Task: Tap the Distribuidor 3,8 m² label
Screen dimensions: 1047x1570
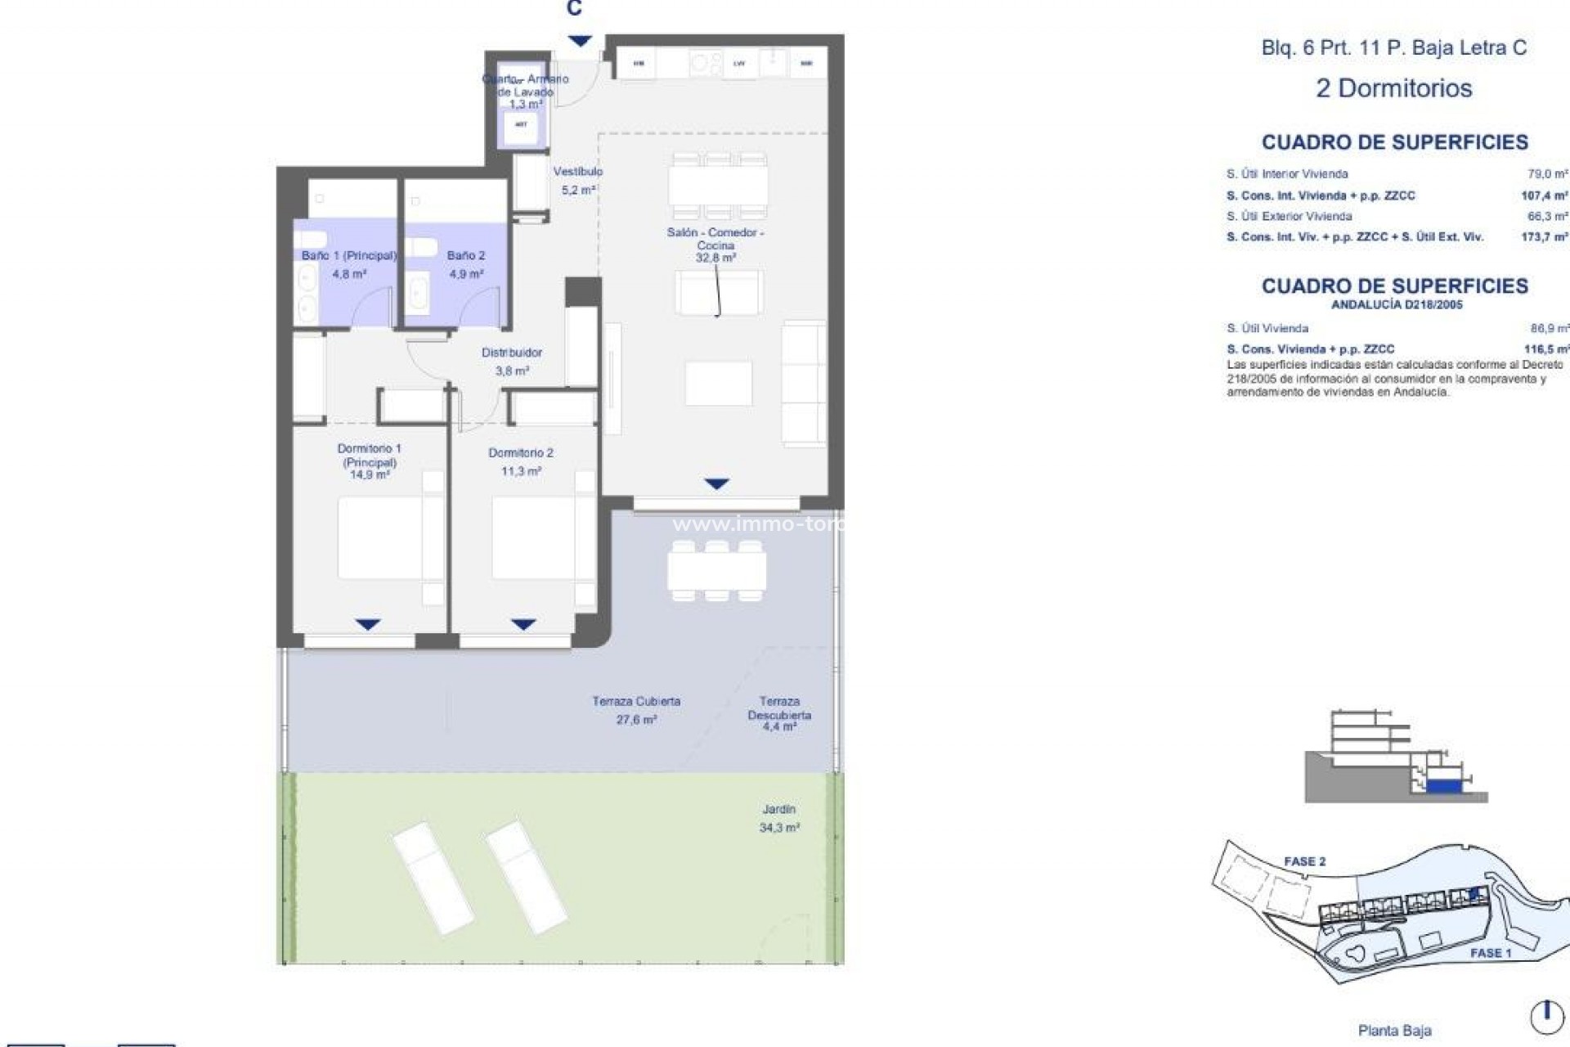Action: pyautogui.click(x=512, y=361)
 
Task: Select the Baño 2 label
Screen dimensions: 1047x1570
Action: pyautogui.click(x=466, y=264)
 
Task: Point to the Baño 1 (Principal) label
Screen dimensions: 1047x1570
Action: pyautogui.click(x=348, y=264)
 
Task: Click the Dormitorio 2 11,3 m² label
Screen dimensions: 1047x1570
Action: pyautogui.click(x=521, y=461)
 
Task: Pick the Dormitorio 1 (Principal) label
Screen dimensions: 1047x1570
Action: pyautogui.click(x=370, y=461)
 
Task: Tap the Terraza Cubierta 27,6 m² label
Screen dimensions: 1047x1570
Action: pyautogui.click(x=636, y=710)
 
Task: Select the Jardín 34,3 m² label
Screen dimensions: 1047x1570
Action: pyautogui.click(x=779, y=818)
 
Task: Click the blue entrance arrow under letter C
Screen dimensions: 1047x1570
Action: pyautogui.click(x=580, y=41)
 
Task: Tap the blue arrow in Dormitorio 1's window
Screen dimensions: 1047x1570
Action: pyautogui.click(x=368, y=625)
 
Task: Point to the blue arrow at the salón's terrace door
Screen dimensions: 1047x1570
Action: pyautogui.click(x=716, y=484)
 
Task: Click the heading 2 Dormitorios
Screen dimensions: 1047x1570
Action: pyautogui.click(x=1393, y=88)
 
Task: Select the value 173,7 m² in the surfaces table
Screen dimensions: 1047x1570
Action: pyautogui.click(x=1545, y=237)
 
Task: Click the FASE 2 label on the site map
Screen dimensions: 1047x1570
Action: pyautogui.click(x=1304, y=861)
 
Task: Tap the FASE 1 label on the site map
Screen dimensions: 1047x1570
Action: pyautogui.click(x=1490, y=953)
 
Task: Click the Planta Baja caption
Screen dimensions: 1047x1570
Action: pyautogui.click(x=1394, y=1031)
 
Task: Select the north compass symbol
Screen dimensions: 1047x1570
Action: pyautogui.click(x=1546, y=1017)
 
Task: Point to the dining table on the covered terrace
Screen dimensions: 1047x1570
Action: pyautogui.click(x=716, y=571)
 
